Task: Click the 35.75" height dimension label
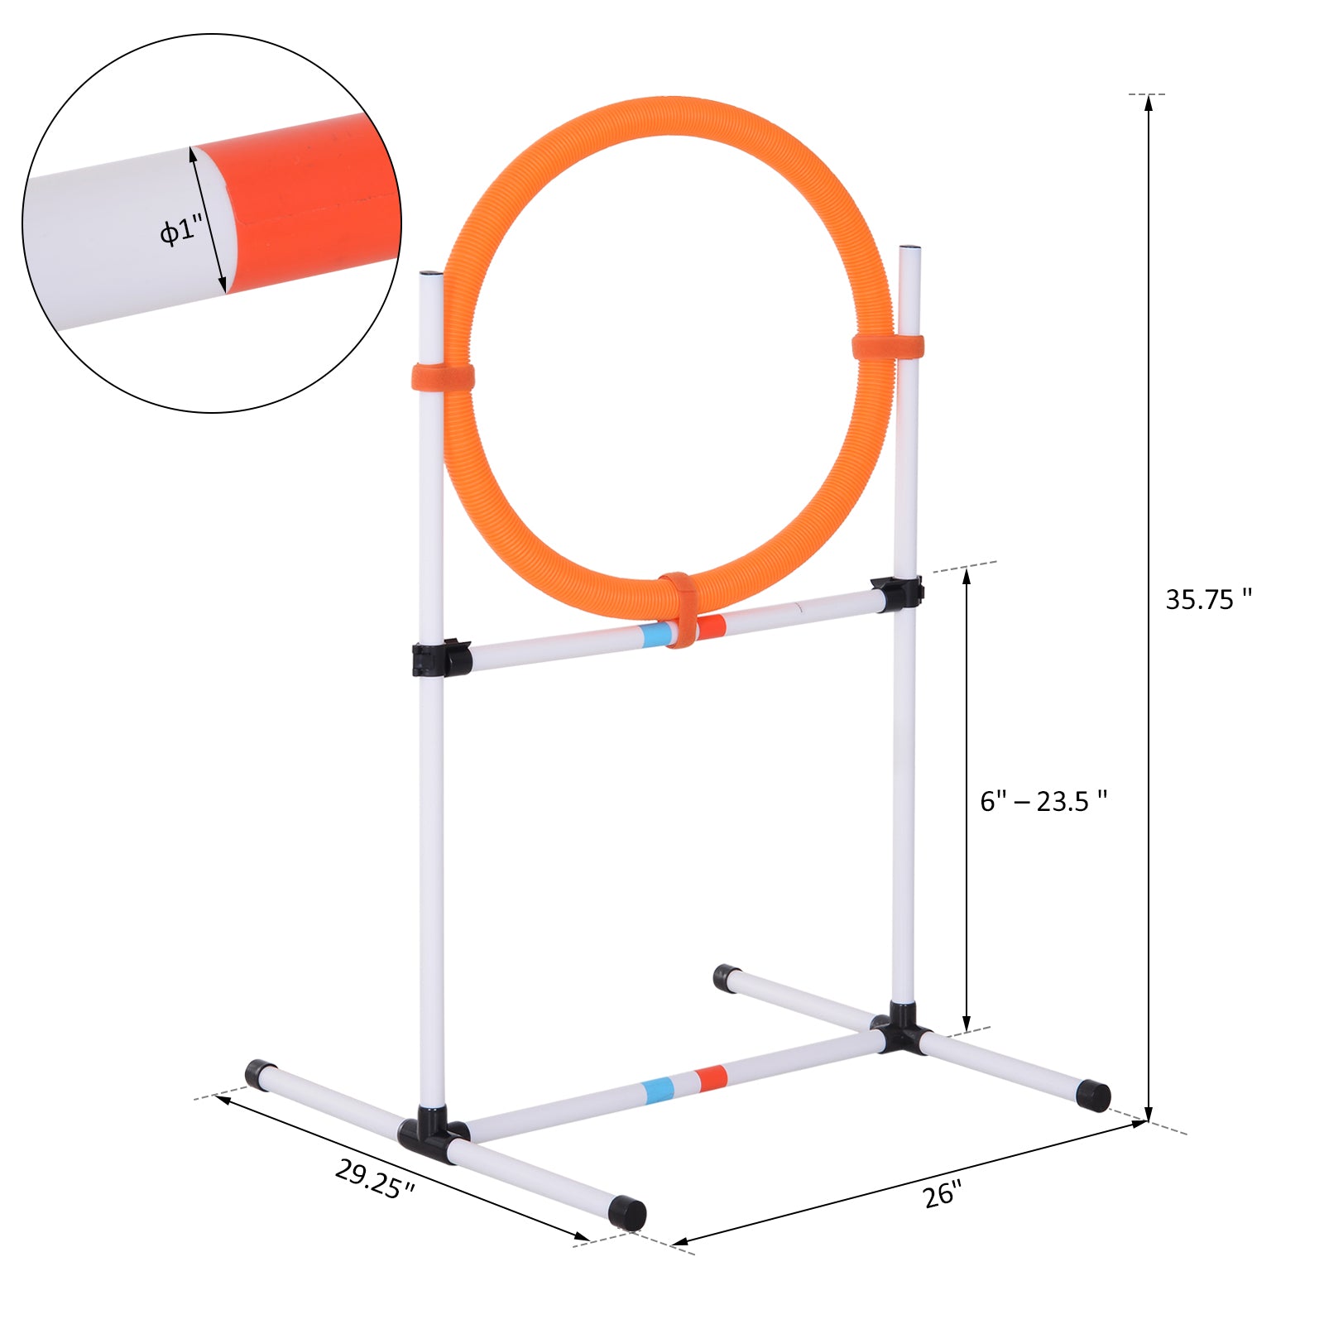(1207, 599)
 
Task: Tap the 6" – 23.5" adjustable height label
(1043, 801)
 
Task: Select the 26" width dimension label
(943, 1194)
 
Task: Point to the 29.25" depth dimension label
(375, 1178)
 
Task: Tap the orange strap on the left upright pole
(443, 377)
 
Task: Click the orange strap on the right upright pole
(888, 347)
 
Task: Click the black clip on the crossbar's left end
(441, 658)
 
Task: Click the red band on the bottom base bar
(711, 1078)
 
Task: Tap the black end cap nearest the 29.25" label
(626, 1212)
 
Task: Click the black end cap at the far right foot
(1093, 1096)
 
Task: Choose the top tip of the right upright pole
(909, 249)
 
